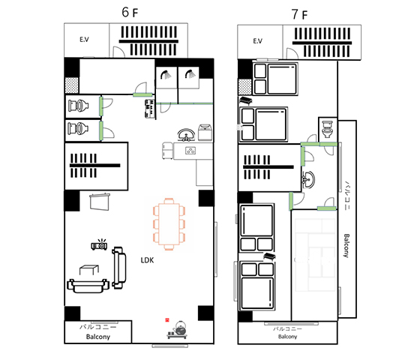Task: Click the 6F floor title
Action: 130,12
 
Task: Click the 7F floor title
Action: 299,14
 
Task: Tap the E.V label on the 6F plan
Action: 84,40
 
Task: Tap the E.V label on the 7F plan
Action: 257,41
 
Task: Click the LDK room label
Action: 147,260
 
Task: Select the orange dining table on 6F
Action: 169,224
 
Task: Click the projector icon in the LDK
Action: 99,244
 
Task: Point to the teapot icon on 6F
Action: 180,328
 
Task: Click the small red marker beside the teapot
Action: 167,319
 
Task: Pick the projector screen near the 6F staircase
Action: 100,202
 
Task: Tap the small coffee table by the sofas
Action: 89,270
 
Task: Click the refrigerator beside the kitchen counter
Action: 168,151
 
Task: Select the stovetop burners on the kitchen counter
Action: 190,151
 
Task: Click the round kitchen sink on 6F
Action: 186,135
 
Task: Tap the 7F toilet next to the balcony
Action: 327,129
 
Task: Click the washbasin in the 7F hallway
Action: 308,180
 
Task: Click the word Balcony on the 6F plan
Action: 98,337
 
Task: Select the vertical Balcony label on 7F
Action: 346,246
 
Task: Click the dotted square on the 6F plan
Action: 72,85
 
